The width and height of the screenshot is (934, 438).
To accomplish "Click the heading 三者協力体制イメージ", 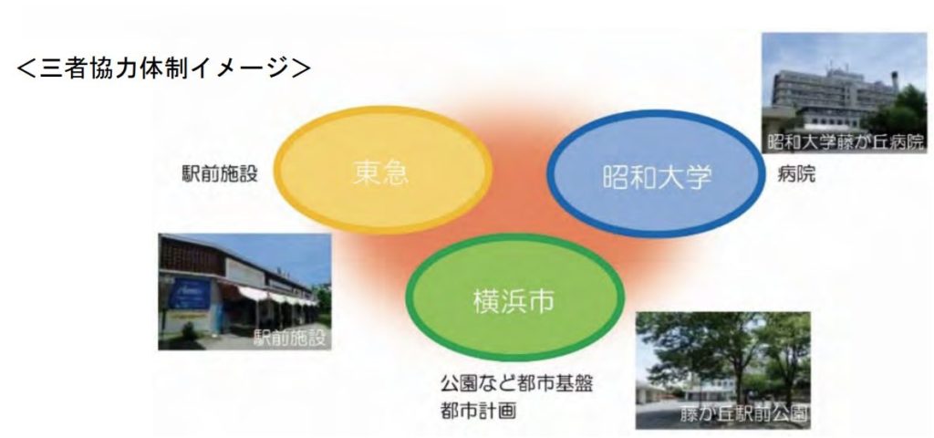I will tap(164, 68).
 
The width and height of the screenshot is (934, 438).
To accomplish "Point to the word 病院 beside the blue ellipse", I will tap(793, 172).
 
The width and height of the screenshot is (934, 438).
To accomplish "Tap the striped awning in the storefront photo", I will tap(265, 293).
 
